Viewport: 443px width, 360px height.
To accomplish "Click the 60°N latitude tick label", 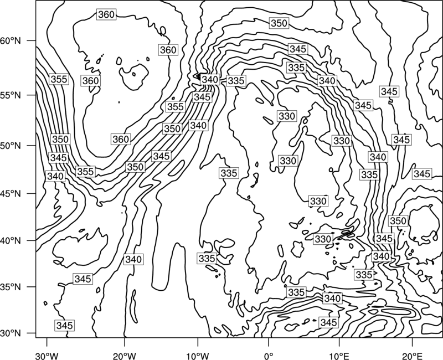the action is tap(11, 40).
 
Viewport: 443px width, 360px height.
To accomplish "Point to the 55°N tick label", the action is tap(11, 95).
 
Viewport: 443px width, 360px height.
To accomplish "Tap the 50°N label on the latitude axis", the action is tap(11, 146).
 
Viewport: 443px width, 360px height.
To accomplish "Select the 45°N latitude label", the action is tap(11, 193).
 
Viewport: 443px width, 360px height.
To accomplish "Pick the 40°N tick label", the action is tap(11, 241).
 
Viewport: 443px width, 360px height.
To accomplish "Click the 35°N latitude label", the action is tap(11, 287).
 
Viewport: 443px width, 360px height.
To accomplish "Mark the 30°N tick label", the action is tap(11, 333).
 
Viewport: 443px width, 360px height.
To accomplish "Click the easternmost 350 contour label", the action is tap(398, 220).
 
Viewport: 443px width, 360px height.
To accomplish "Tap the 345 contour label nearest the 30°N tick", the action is tap(65, 325).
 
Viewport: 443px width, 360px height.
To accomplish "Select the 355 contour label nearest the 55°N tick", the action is tap(59, 79).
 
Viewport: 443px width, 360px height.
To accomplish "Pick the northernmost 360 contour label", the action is tap(106, 14).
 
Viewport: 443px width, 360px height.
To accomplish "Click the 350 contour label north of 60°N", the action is tap(279, 23).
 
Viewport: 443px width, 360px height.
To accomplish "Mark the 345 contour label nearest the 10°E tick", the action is tap(329, 322).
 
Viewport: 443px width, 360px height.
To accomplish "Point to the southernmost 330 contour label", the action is tap(323, 239).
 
